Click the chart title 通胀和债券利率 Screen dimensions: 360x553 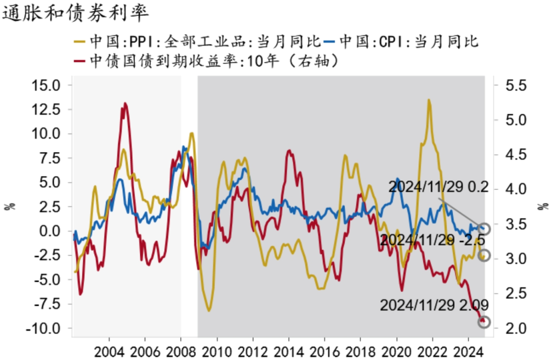[75, 13]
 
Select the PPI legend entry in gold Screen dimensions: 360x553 [197, 41]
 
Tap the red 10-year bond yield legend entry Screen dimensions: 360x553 [207, 61]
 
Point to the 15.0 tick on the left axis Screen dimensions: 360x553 [46, 85]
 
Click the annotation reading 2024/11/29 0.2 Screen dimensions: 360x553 [438, 187]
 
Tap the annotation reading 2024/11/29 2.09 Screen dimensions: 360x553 [434, 305]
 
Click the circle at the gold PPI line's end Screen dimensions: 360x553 [484, 255]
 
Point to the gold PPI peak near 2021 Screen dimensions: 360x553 [429, 100]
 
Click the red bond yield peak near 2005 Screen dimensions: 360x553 [125, 103]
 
